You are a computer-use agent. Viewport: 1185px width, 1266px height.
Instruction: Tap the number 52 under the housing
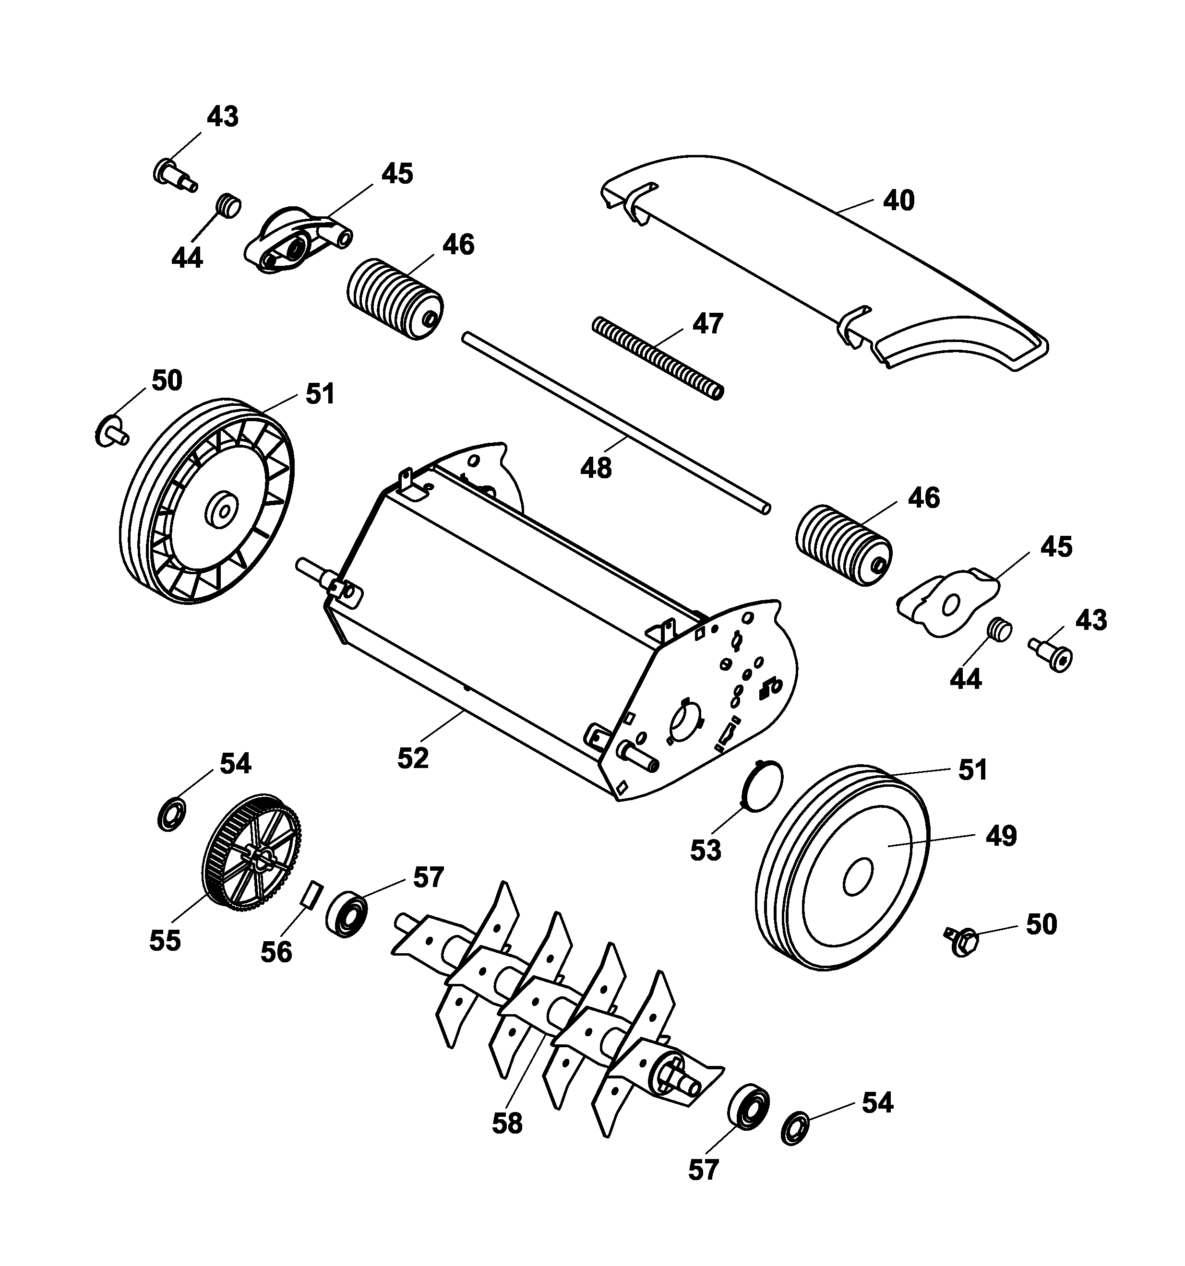point(413,758)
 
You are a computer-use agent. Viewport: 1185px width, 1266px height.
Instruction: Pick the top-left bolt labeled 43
point(174,173)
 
